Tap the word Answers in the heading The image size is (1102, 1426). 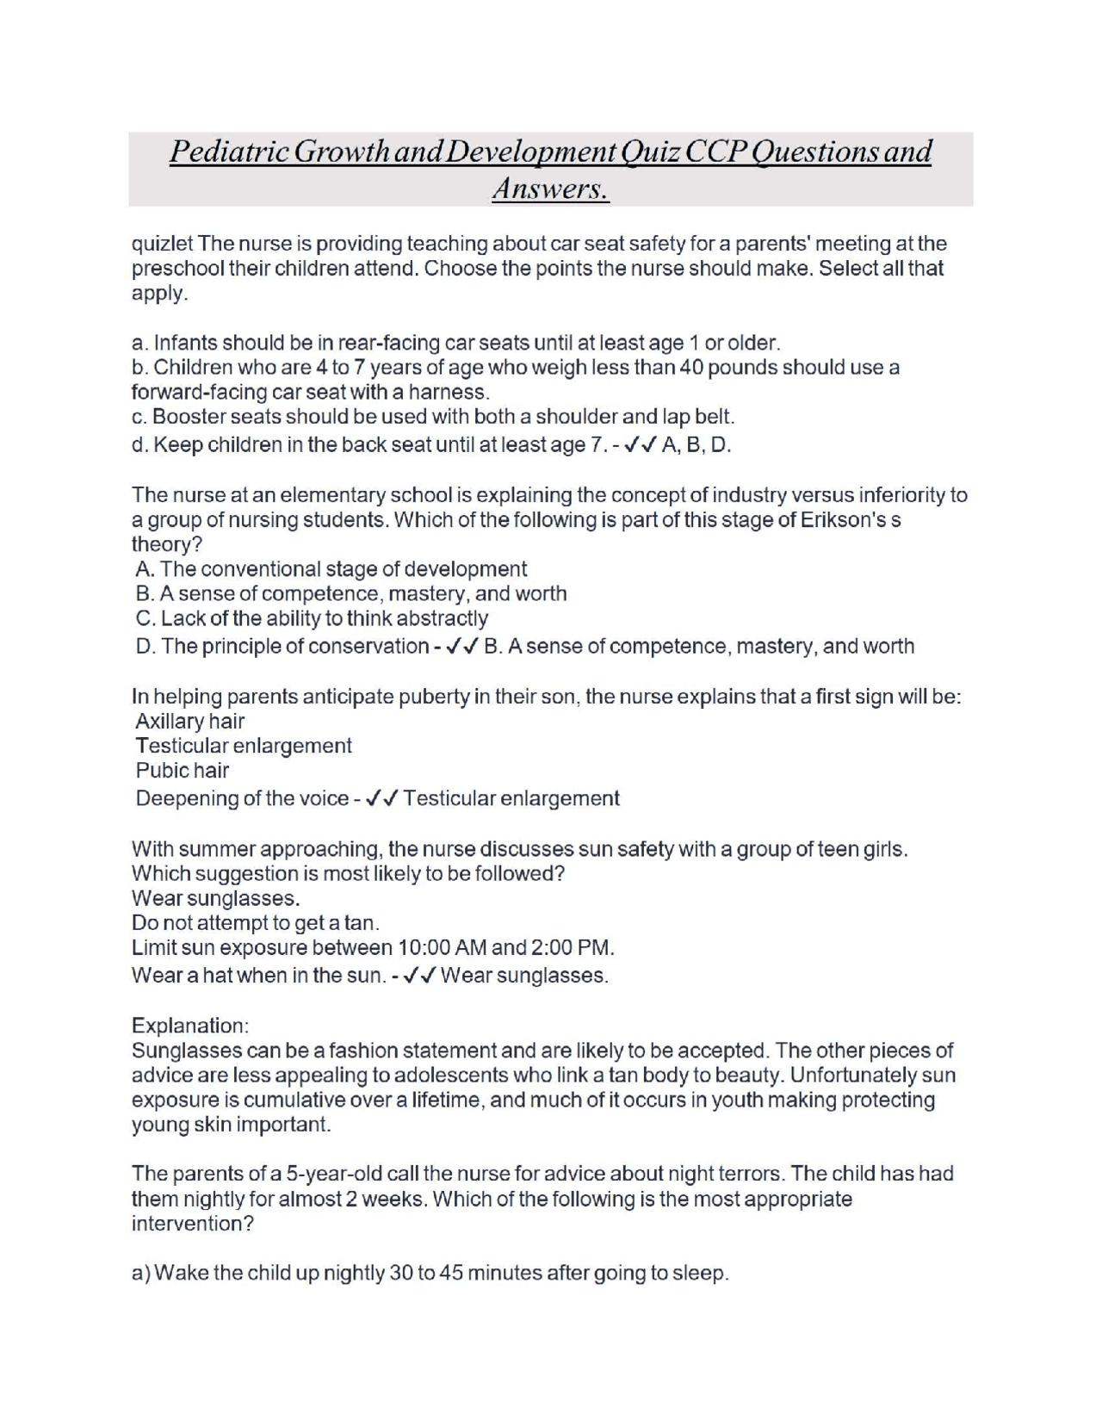click(550, 189)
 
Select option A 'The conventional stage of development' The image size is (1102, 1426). click(331, 569)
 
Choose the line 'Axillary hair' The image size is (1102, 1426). click(189, 722)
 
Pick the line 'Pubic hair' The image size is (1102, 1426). click(182, 771)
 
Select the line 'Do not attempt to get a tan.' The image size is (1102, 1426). click(256, 923)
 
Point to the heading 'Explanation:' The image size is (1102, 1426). click(189, 1026)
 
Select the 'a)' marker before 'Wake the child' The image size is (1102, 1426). click(141, 1274)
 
